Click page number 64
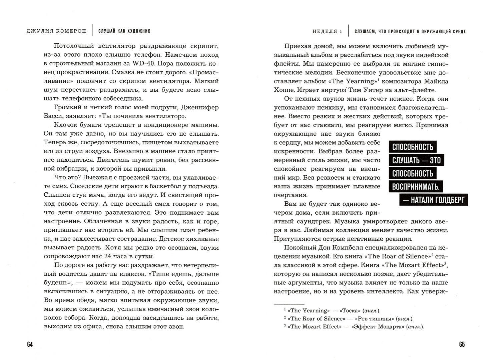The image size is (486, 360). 30,344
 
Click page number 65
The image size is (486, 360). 462,344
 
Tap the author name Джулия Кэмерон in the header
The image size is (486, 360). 56,31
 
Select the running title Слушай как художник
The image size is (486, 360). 124,31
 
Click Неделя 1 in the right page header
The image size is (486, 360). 327,31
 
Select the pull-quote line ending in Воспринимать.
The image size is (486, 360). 416,186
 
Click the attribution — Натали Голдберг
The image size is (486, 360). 433,200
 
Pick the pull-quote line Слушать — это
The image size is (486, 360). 416,160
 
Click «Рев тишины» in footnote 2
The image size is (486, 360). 369,318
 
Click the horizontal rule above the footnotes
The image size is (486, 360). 289,304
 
